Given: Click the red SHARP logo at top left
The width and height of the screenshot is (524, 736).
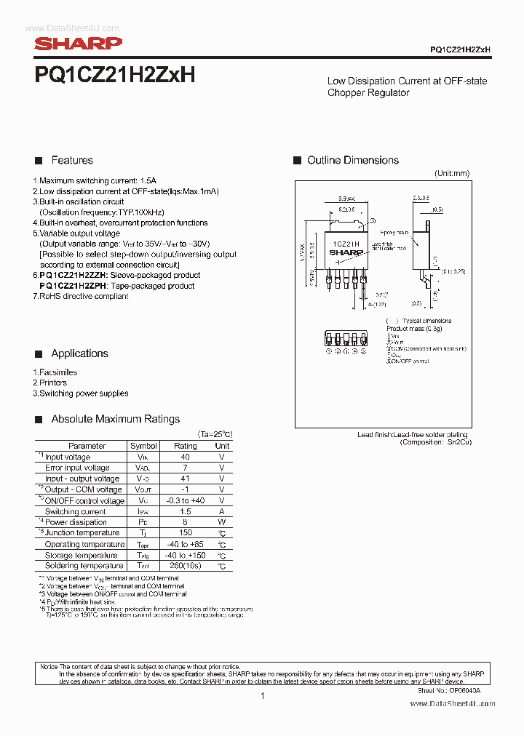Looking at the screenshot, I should tap(79, 44).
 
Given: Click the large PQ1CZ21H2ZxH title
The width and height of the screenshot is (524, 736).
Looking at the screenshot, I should tap(115, 75).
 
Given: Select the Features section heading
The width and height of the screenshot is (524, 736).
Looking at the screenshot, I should tap(71, 160).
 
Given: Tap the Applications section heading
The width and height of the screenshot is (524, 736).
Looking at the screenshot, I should tap(79, 353).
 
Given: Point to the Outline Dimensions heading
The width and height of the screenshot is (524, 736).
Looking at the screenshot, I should tap(352, 160).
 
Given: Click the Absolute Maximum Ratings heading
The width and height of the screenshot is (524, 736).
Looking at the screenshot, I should tap(115, 419).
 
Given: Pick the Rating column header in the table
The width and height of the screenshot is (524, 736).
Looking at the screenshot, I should tap(185, 446).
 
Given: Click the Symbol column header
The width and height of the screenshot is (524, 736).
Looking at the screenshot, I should tap(143, 446).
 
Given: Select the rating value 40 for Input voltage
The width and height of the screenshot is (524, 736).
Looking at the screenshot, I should tap(185, 457).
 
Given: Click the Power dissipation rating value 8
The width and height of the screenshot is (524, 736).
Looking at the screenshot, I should tap(185, 522).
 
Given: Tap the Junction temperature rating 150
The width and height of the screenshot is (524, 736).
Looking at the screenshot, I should tap(185, 533).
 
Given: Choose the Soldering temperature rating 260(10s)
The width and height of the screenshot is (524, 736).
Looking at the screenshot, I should tap(185, 566).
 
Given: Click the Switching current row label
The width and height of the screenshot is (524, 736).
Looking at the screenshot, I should tap(76, 511).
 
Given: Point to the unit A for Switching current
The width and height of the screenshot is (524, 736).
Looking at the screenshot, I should tap(222, 511).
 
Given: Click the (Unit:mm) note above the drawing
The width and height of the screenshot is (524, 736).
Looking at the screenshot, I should tap(452, 174).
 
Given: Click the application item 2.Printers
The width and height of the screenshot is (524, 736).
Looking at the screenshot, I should tap(49, 383).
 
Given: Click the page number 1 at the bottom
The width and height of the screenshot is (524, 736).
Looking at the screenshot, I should tap(262, 696).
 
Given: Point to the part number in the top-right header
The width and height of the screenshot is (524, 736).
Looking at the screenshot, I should tap(460, 49).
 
